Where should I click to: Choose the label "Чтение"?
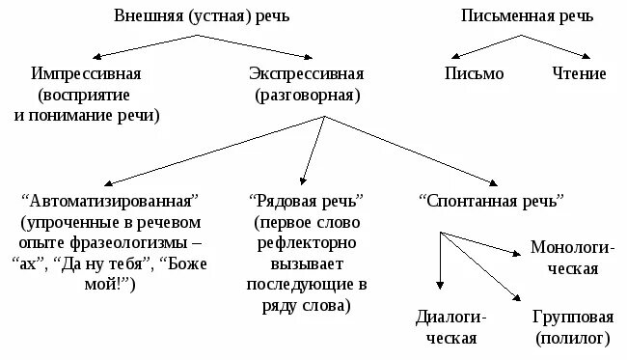(579, 74)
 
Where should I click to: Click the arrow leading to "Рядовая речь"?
(312, 150)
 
